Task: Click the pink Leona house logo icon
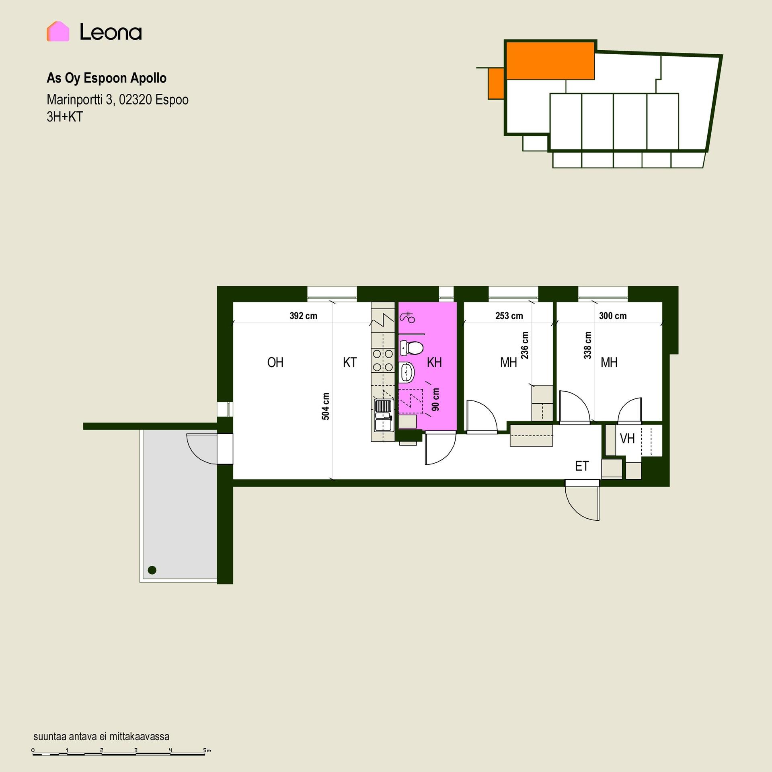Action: [x=58, y=31]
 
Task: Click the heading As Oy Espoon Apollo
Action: [x=107, y=78]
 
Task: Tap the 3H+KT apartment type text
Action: [x=65, y=117]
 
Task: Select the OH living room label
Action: [x=275, y=362]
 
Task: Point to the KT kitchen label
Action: [x=350, y=362]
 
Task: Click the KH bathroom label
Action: [x=434, y=362]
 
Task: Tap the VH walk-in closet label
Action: [x=627, y=438]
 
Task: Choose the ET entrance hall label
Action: [x=582, y=466]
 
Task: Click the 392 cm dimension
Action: [x=304, y=316]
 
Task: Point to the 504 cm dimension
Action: [x=326, y=407]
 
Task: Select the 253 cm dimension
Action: [x=509, y=316]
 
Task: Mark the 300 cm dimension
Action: [x=613, y=316]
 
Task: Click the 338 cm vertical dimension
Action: [x=588, y=345]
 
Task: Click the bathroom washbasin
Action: [x=407, y=372]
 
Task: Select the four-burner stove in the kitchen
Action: [x=383, y=360]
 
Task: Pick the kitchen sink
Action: [x=383, y=416]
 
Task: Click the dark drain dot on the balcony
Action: [x=152, y=570]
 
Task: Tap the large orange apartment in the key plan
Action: [x=550, y=61]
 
